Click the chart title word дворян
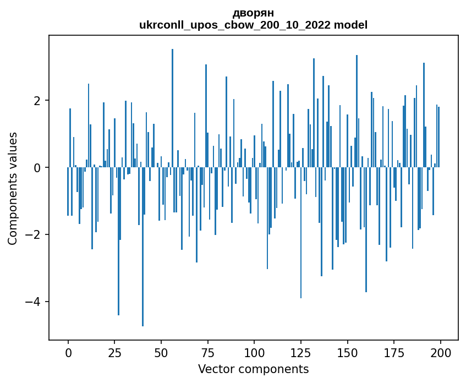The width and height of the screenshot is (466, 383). tap(253, 13)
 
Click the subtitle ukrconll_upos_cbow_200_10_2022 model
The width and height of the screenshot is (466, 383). tap(253, 25)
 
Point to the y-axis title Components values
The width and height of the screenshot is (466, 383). tap(13, 188)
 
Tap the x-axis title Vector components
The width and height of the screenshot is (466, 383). tap(253, 369)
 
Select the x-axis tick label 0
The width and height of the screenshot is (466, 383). tap(68, 352)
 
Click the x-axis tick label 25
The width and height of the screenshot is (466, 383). tap(114, 352)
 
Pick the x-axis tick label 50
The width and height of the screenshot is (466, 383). tap(161, 352)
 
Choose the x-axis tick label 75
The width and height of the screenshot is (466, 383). tap(207, 352)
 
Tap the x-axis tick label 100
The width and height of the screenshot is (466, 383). tap(254, 352)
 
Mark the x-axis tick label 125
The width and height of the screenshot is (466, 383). tap(300, 352)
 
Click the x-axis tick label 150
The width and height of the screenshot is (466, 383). tap(347, 352)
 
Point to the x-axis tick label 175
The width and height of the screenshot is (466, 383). tap(393, 352)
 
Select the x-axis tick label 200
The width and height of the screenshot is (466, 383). tap(440, 352)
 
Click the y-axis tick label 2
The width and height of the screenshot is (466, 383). tap(37, 101)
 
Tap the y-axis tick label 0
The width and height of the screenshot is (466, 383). tap(37, 168)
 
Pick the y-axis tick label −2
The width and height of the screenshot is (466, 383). tap(34, 235)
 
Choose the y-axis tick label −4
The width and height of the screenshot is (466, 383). tap(34, 302)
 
